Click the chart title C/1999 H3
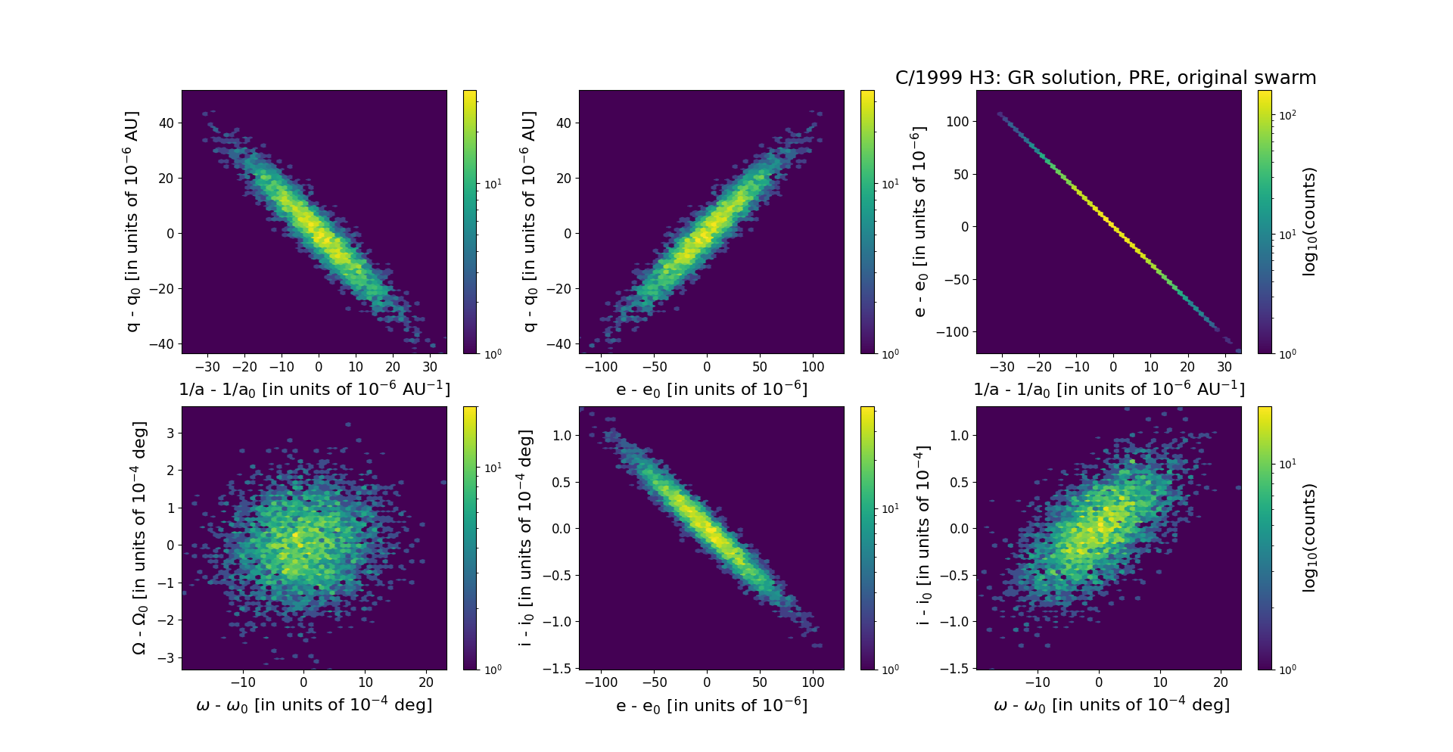click(1106, 78)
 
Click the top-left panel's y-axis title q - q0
click(132, 221)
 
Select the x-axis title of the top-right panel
click(1109, 389)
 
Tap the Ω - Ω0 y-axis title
click(139, 538)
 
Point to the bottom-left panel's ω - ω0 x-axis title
click(314, 705)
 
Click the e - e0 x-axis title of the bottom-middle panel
click(711, 706)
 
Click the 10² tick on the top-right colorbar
click(1287, 115)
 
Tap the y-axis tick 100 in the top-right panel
click(957, 121)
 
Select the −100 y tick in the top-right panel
click(953, 332)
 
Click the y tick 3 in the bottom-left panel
click(170, 433)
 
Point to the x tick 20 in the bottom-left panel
click(426, 682)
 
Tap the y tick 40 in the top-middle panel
click(564, 123)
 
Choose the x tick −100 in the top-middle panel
click(602, 367)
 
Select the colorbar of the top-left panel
click(470, 222)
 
